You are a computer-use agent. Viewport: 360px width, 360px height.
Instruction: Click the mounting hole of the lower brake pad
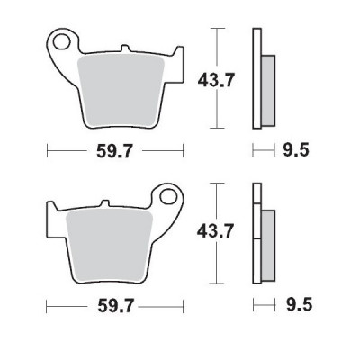[167, 195]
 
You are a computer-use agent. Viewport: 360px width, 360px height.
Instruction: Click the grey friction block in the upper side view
[268, 90]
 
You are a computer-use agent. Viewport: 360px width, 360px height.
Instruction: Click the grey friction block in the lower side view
[268, 243]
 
